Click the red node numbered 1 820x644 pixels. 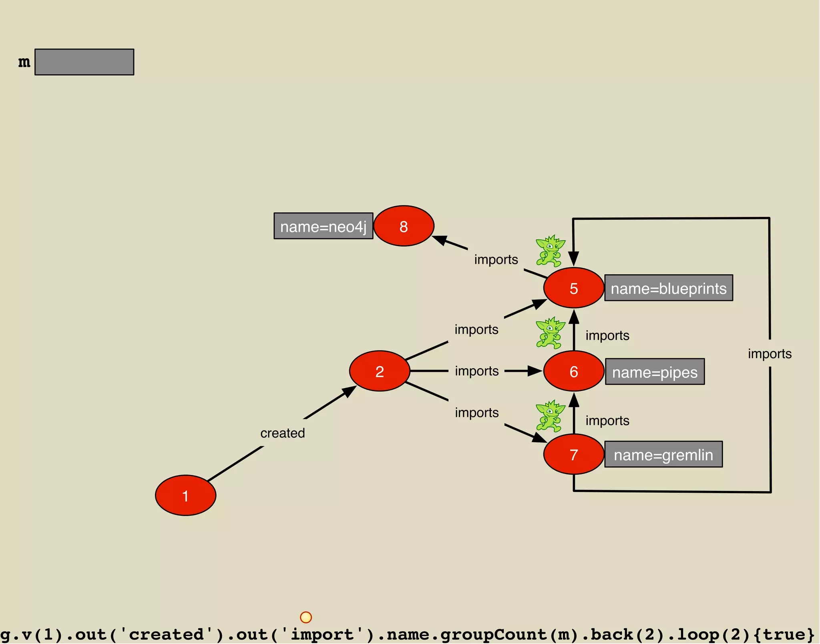(185, 496)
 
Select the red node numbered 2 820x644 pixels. (380, 371)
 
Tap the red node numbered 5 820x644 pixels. (574, 288)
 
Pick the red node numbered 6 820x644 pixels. (574, 371)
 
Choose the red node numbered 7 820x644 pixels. (574, 454)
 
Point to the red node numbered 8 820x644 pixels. (404, 226)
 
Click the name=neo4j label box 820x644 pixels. (323, 226)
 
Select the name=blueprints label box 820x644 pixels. (669, 288)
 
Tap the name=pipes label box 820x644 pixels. (655, 371)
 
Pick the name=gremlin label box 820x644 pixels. (663, 454)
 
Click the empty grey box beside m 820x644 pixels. (84, 62)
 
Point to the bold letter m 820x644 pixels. (24, 62)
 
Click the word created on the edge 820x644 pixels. (283, 433)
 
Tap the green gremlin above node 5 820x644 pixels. (551, 251)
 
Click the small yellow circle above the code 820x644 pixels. (306, 617)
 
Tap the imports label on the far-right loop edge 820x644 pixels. (770, 353)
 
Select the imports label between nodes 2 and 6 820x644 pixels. (476, 371)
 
